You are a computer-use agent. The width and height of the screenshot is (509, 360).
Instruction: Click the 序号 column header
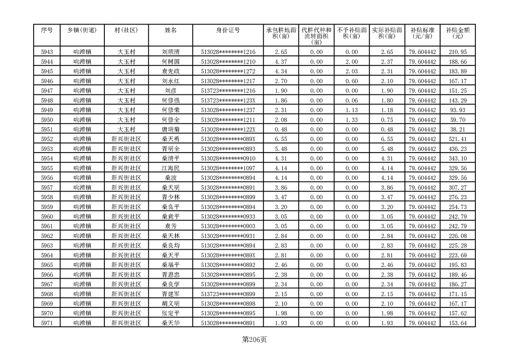pos(47,30)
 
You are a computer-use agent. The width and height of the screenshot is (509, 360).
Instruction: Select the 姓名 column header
pos(171,30)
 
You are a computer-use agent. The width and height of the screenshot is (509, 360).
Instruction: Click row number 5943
pos(47,52)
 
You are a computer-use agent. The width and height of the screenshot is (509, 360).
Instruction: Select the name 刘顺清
pos(171,52)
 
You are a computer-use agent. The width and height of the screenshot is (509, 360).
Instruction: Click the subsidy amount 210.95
pos(457,52)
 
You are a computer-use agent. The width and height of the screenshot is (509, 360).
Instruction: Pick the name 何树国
pos(171,61)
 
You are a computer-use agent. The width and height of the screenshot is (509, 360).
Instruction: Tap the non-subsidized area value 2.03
pos(351,71)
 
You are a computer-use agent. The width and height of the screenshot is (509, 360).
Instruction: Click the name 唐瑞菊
pos(171,129)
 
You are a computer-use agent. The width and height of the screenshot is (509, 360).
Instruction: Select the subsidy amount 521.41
pos(457,139)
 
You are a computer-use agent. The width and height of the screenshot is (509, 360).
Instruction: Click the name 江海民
pos(171,168)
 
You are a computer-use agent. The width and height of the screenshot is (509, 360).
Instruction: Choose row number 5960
pos(47,216)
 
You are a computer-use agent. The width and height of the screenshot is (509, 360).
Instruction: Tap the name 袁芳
pos(171,226)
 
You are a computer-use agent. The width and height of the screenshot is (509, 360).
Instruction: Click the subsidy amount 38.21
pos(457,129)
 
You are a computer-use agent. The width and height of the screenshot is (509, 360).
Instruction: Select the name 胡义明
pos(171,303)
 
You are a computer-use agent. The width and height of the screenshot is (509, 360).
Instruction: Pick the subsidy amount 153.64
pos(457,323)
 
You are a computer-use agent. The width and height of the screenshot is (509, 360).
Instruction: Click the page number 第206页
pos(254,340)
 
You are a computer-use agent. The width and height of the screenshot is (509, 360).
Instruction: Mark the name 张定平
pos(171,313)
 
